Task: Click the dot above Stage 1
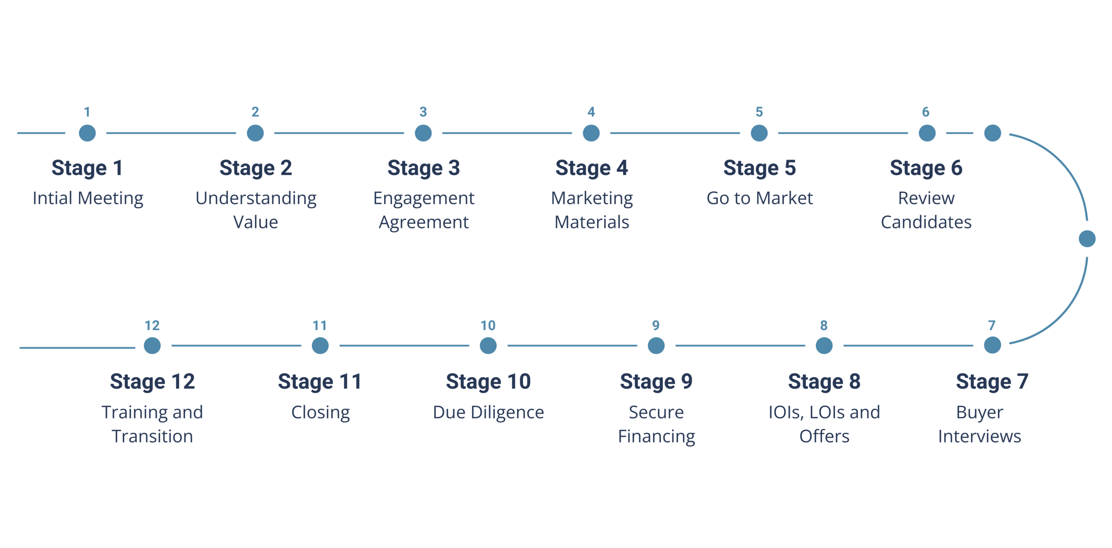pyautogui.click(x=87, y=133)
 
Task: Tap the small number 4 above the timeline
pyautogui.click(x=591, y=112)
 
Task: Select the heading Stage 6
pyautogui.click(x=926, y=168)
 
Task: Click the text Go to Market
pyautogui.click(x=759, y=198)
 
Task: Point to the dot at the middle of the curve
pyautogui.click(x=1087, y=239)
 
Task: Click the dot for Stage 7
pyautogui.click(x=992, y=345)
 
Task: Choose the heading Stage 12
pyautogui.click(x=152, y=382)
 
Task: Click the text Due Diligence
pyautogui.click(x=488, y=412)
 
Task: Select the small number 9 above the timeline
pyautogui.click(x=656, y=325)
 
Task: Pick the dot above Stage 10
pyautogui.click(x=488, y=345)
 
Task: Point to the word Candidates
pyautogui.click(x=926, y=222)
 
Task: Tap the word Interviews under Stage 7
pyautogui.click(x=980, y=436)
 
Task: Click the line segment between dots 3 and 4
pyautogui.click(x=507, y=133)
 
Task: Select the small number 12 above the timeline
pyautogui.click(x=152, y=325)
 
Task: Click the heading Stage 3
pyautogui.click(x=424, y=168)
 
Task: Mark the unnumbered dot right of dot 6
pyautogui.click(x=992, y=133)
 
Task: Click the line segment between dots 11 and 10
pyautogui.click(x=404, y=345)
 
